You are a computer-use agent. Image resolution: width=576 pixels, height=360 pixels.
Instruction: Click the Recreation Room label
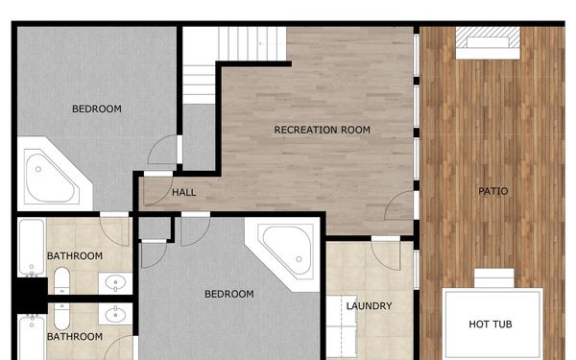322,130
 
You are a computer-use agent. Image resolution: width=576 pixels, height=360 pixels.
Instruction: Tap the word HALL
184,192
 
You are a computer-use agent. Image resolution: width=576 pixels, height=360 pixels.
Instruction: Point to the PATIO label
493,191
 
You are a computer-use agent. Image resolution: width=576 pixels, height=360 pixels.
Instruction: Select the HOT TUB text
490,324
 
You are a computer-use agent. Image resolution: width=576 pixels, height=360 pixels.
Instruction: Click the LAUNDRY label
369,306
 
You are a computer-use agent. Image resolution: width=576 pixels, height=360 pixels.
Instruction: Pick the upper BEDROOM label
97,108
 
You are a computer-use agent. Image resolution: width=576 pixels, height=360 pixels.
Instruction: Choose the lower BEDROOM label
229,294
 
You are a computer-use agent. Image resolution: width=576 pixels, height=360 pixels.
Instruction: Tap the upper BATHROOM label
75,255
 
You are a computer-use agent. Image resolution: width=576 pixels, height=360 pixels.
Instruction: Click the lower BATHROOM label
75,337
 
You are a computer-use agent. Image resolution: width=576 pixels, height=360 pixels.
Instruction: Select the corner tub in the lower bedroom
286,247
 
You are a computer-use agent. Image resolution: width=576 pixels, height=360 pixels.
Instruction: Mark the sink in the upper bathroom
115,283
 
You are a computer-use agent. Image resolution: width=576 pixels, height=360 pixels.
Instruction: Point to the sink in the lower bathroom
115,314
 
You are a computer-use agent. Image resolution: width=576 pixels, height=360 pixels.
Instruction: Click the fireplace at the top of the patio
489,39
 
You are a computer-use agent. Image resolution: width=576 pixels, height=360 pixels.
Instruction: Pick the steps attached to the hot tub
495,278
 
